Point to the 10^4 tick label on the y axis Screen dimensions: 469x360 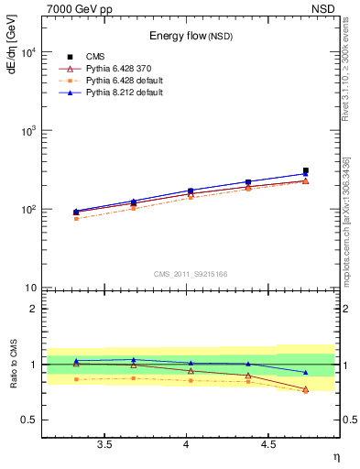[x=28, y=52]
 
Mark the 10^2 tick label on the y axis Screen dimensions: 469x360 [x=28, y=210]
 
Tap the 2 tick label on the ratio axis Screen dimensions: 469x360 [x=33, y=309]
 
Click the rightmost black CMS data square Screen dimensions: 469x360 [x=306, y=170]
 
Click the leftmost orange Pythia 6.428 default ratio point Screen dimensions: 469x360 [x=76, y=379]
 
